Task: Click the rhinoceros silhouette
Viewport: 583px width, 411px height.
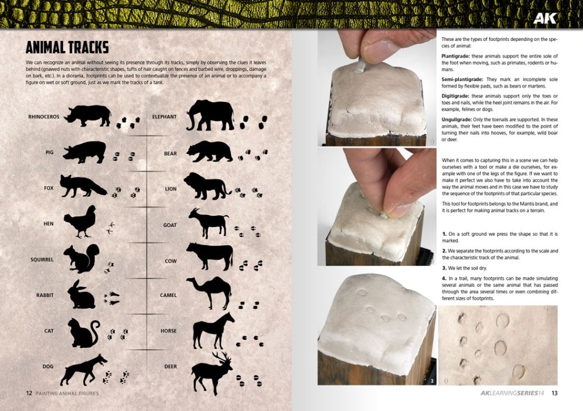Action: point(88,116)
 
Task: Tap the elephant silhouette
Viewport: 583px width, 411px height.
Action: point(211,115)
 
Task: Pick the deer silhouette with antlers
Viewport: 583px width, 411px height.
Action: point(211,373)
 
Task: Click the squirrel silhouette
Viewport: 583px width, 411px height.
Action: point(81,258)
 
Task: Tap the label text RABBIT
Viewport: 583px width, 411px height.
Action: point(44,295)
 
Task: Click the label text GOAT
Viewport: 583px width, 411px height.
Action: point(170,225)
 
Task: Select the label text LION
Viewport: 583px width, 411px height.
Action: point(171,189)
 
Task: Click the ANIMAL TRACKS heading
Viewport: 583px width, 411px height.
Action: point(67,48)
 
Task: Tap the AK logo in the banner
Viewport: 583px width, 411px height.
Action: point(545,18)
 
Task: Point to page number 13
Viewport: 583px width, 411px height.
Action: point(554,393)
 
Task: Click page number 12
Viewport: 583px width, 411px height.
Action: point(29,393)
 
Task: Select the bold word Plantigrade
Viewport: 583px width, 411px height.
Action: point(456,56)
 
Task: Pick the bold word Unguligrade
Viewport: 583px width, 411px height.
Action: point(457,120)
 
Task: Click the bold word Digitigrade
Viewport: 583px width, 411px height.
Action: point(455,96)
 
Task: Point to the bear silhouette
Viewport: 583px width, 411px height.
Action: point(210,151)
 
